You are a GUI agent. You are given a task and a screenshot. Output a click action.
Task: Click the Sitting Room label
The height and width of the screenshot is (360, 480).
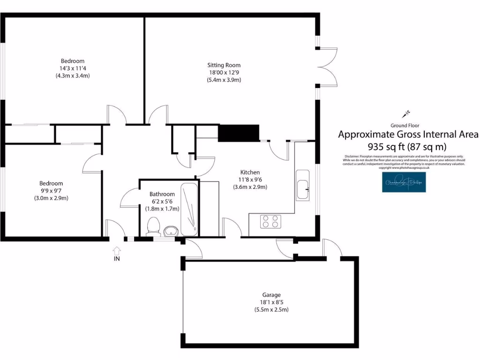coord(224,65)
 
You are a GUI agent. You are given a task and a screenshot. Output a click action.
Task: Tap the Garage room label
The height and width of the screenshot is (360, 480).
coord(271,295)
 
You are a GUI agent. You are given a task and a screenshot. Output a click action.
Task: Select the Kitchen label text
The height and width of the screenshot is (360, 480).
coord(250,172)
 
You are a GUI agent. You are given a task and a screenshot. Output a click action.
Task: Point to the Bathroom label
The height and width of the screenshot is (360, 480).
coord(162,194)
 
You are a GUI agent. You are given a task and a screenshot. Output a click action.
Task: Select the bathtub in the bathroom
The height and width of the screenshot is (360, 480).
coord(190,210)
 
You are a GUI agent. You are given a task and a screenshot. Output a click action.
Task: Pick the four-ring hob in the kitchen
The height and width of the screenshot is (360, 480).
coord(270,221)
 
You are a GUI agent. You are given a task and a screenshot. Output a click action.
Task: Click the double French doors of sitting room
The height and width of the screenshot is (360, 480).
coord(327,66)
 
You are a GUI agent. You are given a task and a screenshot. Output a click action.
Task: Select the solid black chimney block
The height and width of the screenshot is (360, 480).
coord(239,133)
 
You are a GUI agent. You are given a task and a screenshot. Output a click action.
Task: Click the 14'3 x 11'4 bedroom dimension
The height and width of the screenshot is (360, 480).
coord(73,68)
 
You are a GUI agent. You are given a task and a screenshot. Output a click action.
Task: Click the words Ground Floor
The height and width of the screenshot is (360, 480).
coord(405,125)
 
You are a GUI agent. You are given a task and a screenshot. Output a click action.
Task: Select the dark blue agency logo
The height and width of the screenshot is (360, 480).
coord(403,182)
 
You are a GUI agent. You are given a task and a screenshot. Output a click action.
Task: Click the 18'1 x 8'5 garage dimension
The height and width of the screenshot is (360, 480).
coord(271,302)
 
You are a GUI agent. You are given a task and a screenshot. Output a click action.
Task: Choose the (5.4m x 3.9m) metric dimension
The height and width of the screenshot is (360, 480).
coord(224,80)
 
